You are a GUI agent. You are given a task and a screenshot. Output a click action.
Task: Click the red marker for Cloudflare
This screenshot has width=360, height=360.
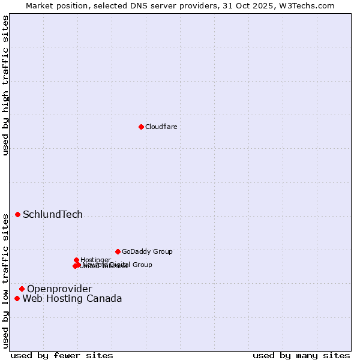click(x=141, y=127)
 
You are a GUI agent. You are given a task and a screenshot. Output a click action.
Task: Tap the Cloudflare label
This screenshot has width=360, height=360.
click(x=161, y=127)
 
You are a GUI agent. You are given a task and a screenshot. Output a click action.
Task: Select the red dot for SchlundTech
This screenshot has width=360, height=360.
click(x=17, y=214)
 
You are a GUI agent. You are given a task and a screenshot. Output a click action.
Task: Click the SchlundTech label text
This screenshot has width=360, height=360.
click(x=53, y=215)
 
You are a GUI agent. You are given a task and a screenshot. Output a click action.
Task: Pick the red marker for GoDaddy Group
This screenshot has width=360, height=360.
click(x=118, y=251)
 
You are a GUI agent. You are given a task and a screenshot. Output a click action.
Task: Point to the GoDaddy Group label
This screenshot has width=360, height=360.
click(x=147, y=251)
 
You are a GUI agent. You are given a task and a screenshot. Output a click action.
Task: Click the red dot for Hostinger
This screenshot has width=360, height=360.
click(x=76, y=260)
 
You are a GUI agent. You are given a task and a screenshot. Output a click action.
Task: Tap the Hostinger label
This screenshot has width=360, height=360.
click(x=96, y=260)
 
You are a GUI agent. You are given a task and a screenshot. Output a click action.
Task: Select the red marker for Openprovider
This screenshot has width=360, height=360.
click(x=22, y=289)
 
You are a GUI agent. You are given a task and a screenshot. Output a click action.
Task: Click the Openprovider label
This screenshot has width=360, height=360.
click(x=59, y=289)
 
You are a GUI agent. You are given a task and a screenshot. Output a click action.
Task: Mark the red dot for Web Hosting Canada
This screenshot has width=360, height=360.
click(x=17, y=298)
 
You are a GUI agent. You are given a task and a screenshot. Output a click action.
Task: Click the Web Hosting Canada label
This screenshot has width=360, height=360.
click(x=72, y=299)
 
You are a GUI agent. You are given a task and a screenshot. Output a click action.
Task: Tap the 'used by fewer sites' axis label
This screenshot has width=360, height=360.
click(x=62, y=356)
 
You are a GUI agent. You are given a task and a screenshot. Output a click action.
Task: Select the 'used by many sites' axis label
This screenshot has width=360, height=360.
click(x=301, y=356)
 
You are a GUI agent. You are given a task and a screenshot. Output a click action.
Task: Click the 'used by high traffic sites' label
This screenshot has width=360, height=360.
click(x=5, y=85)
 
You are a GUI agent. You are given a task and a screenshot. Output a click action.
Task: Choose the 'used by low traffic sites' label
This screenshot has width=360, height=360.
click(x=5, y=281)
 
